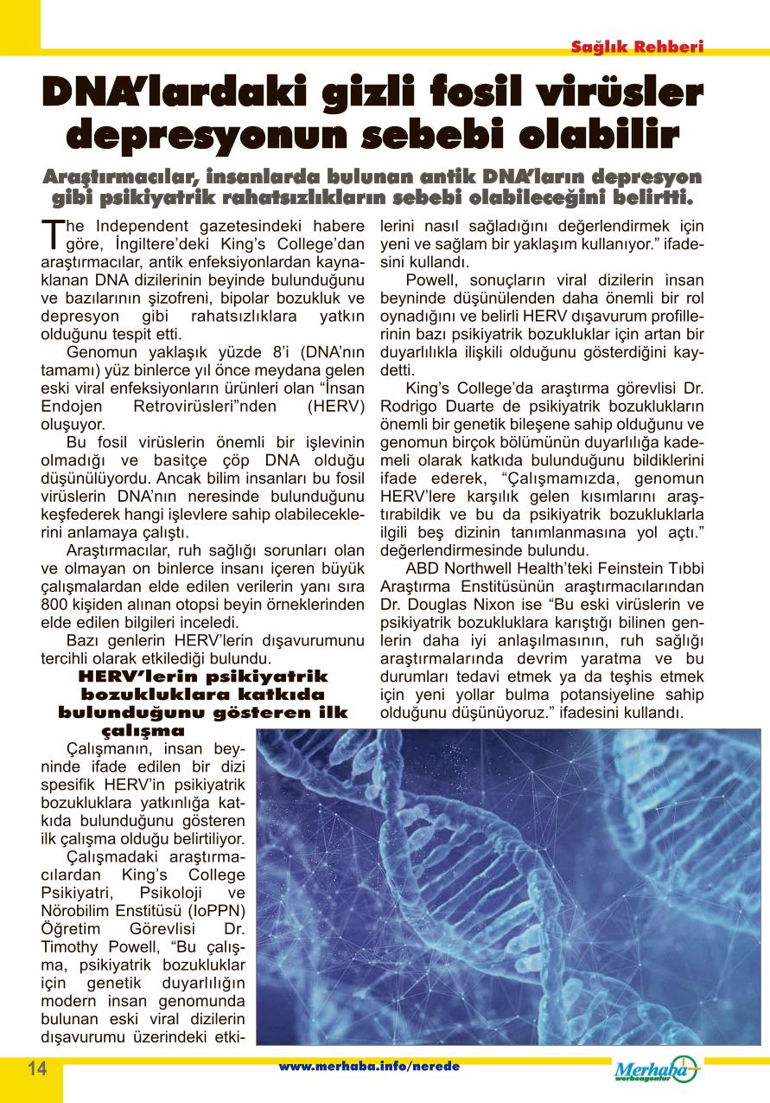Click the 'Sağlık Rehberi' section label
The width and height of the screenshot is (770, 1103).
637,47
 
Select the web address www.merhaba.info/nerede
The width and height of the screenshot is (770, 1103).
368,1067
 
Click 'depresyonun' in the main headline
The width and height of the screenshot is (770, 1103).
200,136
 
